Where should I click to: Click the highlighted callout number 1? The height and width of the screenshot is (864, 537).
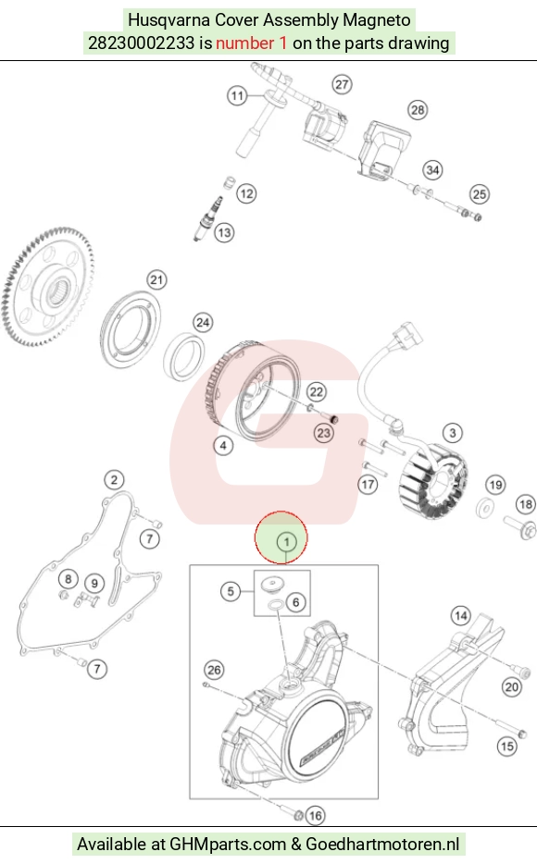(286, 542)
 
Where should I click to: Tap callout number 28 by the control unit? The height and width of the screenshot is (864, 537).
(418, 110)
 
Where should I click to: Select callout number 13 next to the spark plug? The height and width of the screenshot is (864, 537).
(224, 232)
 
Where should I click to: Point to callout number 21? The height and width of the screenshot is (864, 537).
(156, 280)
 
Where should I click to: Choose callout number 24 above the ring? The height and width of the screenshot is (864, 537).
(203, 322)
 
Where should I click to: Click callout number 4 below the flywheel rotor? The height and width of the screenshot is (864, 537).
(223, 445)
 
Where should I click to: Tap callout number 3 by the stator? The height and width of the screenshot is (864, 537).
(453, 433)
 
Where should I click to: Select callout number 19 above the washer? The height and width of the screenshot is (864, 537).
(495, 485)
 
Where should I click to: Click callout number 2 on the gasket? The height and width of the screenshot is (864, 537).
(114, 479)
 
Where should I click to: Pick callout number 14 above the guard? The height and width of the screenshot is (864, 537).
(460, 615)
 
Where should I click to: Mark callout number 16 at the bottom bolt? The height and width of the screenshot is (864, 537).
(315, 816)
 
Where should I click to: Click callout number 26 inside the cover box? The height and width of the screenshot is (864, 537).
(214, 670)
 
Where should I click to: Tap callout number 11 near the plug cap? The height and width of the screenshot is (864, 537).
(237, 96)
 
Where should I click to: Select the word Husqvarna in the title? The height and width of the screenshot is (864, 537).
(169, 19)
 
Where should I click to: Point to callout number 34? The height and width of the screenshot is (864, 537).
(432, 169)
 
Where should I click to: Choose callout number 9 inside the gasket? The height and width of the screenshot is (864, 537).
(94, 584)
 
